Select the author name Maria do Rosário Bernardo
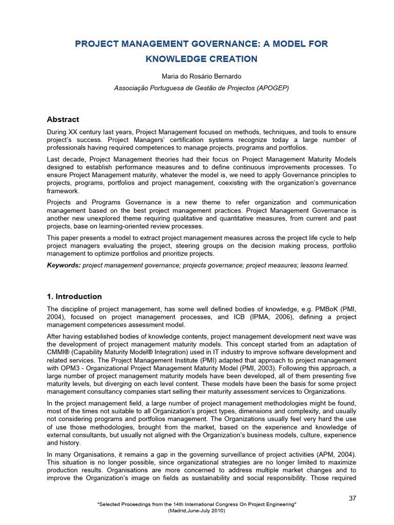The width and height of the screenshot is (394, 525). click(201, 76)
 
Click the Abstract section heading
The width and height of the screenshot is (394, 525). click(63, 119)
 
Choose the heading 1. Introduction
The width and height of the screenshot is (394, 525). click(74, 296)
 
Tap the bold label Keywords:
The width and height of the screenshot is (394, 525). click(64, 265)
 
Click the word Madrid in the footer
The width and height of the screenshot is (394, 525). click(179, 511)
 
